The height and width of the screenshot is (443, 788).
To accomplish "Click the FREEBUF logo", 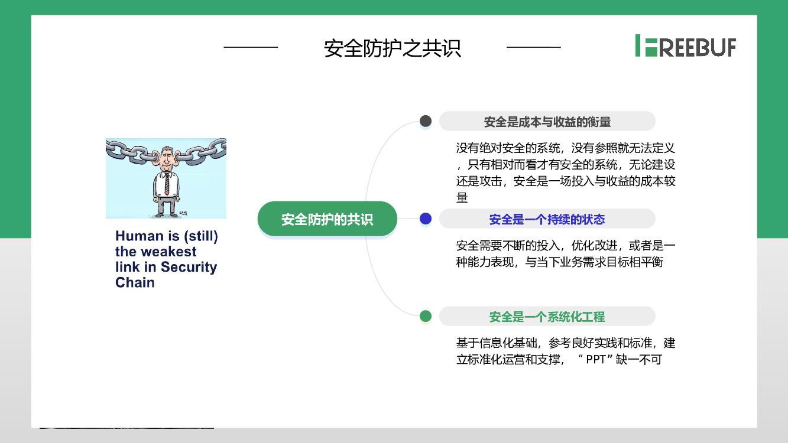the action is (x=686, y=46).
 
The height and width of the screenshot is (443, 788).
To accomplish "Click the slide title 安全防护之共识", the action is (x=392, y=48).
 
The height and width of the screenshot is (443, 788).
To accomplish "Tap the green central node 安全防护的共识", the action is (x=327, y=220).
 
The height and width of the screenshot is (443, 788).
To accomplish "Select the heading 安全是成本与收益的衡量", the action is (x=547, y=122).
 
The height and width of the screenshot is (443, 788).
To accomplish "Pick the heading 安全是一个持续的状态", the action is (x=547, y=220).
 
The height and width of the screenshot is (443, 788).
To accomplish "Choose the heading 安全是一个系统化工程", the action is (x=547, y=317).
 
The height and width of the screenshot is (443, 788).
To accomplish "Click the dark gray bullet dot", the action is (x=426, y=121).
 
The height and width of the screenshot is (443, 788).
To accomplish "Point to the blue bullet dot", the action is (x=426, y=219).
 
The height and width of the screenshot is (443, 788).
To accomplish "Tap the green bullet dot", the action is (x=426, y=317).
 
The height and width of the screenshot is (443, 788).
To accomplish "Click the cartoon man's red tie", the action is (x=167, y=183).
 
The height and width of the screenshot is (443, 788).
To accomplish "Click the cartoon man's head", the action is (x=166, y=158).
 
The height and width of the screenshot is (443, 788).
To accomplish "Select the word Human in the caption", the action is (x=139, y=236).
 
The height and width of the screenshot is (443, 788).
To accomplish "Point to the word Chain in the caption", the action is (x=135, y=282).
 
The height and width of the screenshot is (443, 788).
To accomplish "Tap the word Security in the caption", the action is (x=189, y=267).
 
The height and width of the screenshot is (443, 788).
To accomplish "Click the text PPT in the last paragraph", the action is (x=596, y=359).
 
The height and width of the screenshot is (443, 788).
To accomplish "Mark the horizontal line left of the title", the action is (x=251, y=47).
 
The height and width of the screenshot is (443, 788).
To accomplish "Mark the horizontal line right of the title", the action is (x=534, y=47).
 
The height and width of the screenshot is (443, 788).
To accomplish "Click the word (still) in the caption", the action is (x=200, y=236).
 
